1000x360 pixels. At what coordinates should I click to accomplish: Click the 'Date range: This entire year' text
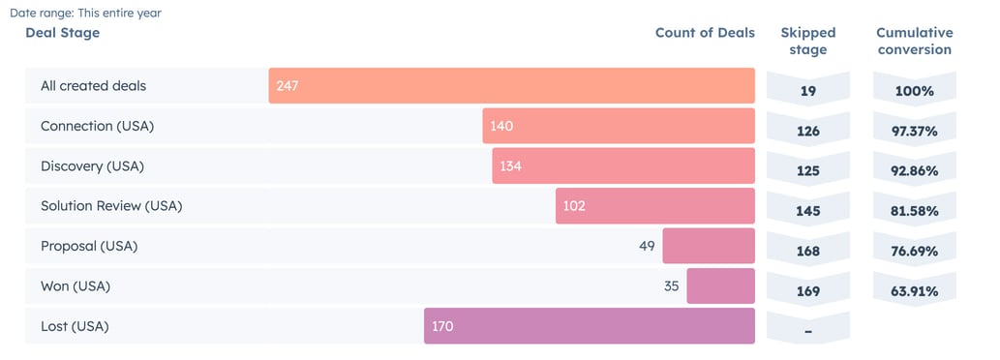[x=86, y=14]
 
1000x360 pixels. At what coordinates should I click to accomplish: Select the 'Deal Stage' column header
[x=62, y=33]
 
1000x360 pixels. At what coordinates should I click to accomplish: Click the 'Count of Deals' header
[x=704, y=33]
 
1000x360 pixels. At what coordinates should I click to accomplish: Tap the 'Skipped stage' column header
[x=807, y=41]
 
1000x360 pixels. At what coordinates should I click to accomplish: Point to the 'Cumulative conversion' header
[x=914, y=41]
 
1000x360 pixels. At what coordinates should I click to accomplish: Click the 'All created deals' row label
[x=93, y=86]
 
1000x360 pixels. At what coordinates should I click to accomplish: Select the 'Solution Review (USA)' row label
[x=111, y=206]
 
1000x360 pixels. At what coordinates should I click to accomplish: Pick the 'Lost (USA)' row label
[x=75, y=326]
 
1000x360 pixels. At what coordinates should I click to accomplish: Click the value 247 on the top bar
[x=287, y=86]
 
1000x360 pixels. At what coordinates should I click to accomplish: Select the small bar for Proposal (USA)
[x=708, y=246]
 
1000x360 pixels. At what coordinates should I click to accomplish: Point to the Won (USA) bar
[x=720, y=286]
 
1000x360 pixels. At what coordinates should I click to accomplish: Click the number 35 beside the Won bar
[x=672, y=286]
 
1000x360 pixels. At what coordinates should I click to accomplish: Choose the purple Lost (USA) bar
[x=589, y=326]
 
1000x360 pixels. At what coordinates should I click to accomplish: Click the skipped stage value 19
[x=807, y=91]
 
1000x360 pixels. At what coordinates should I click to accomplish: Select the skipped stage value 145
[x=807, y=211]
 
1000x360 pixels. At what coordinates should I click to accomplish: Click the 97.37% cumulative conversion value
[x=914, y=131]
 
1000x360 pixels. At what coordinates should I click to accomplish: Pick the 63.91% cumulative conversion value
[x=914, y=291]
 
